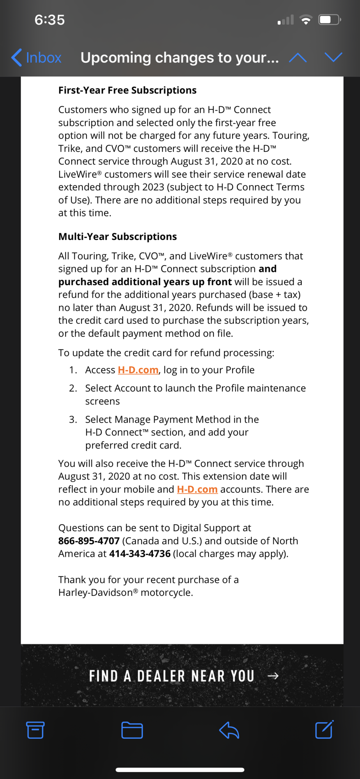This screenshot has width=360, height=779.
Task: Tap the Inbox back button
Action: pyautogui.click(x=37, y=58)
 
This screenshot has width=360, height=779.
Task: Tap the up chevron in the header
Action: pyautogui.click(x=298, y=58)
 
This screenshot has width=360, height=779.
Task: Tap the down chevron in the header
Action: pyautogui.click(x=334, y=58)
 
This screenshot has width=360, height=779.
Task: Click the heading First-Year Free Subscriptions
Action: pyautogui.click(x=127, y=90)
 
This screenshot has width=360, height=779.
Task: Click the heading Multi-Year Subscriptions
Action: pyautogui.click(x=117, y=237)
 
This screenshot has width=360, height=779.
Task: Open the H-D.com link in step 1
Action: pyautogui.click(x=138, y=370)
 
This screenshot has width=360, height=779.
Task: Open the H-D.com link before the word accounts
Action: pyautogui.click(x=197, y=489)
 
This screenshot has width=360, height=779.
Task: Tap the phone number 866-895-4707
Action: pyautogui.click(x=89, y=541)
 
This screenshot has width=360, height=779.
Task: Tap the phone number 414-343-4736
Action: pyautogui.click(x=140, y=554)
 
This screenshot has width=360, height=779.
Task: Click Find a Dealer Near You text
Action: pyautogui.click(x=171, y=676)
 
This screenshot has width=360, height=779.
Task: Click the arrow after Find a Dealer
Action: pyautogui.click(x=273, y=676)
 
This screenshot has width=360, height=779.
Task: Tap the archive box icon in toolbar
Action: pyautogui.click(x=35, y=730)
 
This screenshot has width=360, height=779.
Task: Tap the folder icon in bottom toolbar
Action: pyautogui.click(x=132, y=730)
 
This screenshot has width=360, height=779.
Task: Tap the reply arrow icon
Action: pyautogui.click(x=229, y=730)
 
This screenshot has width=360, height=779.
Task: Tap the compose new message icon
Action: pyautogui.click(x=324, y=730)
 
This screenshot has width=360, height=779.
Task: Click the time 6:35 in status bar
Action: pyautogui.click(x=49, y=20)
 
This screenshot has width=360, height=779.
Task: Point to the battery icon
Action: pyautogui.click(x=329, y=19)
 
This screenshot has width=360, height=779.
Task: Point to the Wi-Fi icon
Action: pyautogui.click(x=306, y=19)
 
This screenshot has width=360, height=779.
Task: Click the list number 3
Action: pyautogui.click(x=73, y=419)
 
